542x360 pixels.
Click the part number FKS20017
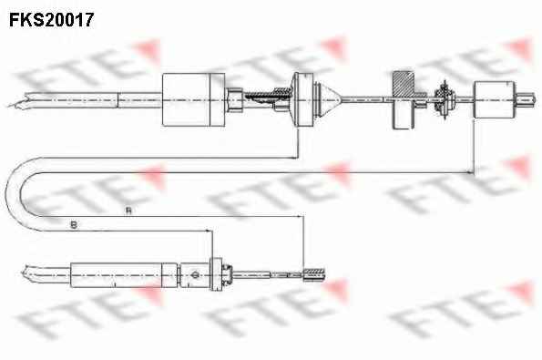click(x=51, y=20)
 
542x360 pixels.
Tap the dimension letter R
click(x=128, y=211)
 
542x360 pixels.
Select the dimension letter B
click(x=74, y=225)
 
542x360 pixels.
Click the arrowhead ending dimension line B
click(x=208, y=231)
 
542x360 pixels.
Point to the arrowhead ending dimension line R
click(x=300, y=217)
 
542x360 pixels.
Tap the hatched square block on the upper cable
click(x=404, y=84)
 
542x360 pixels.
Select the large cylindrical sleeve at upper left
click(x=193, y=99)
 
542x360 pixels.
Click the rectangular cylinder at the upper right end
click(x=495, y=99)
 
